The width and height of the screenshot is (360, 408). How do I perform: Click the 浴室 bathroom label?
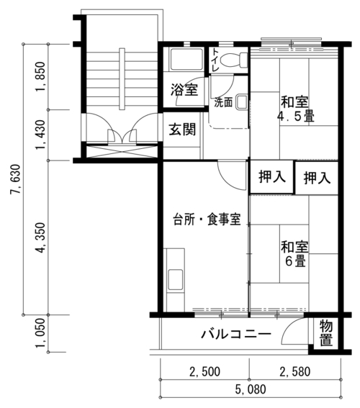pos(184,90)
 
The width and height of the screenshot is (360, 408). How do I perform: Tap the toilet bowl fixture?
pos(234,60)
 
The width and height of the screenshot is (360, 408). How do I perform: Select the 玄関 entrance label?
pos(182,130)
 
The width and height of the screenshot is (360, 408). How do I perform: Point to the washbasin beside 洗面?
pos(242,102)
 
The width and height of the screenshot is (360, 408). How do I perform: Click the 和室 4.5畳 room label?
pos(295,109)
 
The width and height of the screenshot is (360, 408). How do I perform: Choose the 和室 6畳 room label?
pos(294,254)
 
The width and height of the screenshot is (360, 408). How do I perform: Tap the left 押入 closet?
pos(272,177)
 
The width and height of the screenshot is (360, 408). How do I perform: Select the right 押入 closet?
pos(317,178)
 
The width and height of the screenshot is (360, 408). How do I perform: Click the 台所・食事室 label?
pos(207,219)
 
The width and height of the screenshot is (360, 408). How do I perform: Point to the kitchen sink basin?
pos(175,280)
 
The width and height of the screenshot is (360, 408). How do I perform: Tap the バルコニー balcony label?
pos(236,334)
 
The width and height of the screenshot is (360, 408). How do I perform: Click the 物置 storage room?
pos(325,334)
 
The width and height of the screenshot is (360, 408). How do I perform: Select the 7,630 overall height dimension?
pos(15,179)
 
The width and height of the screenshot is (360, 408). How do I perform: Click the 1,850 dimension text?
pos(40,77)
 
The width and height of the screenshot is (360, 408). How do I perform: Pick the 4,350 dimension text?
pos(41,238)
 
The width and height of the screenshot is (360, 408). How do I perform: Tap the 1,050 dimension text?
pos(40,333)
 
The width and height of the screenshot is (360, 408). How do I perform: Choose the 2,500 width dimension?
pos(204,371)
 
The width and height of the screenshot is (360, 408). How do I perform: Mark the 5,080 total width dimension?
pos(251,389)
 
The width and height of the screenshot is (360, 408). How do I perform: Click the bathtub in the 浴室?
pos(186,59)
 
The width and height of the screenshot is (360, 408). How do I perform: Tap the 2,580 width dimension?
pos(295,371)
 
